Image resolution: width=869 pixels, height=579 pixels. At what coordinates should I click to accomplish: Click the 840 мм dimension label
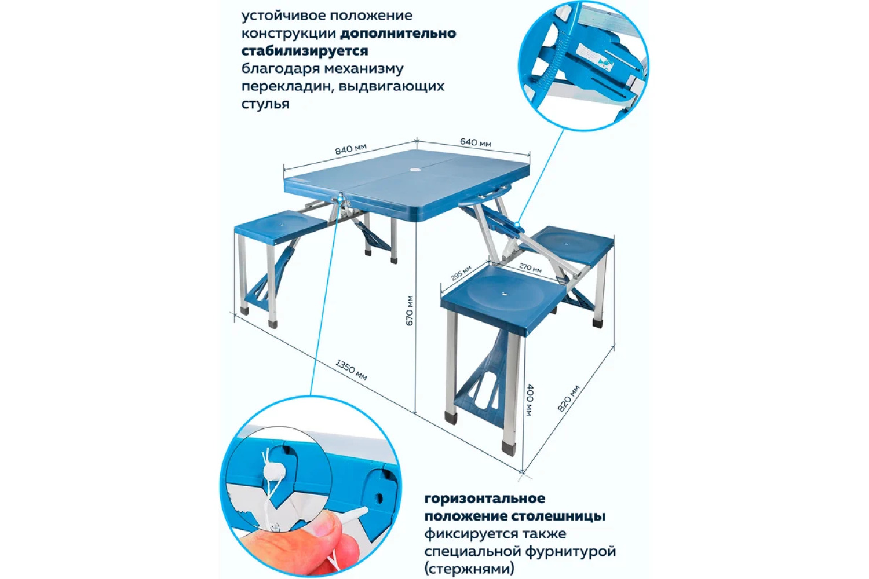(x=350, y=149)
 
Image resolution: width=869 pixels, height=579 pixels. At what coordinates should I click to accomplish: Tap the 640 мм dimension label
(x=476, y=142)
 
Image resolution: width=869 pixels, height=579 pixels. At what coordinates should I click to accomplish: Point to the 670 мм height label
(x=410, y=311)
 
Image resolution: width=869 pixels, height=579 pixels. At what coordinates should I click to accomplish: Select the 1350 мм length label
(x=351, y=369)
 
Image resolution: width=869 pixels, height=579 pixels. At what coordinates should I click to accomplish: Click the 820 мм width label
(x=568, y=398)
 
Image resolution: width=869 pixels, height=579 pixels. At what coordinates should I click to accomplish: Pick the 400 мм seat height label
(x=530, y=400)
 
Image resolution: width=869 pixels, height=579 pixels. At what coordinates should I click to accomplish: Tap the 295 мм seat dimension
(x=461, y=273)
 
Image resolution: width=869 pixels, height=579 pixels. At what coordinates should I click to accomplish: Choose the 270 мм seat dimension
(x=530, y=267)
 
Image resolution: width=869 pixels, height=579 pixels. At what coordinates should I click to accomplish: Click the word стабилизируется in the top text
(x=305, y=51)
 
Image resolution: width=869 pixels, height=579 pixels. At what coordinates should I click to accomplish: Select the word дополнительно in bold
(x=398, y=34)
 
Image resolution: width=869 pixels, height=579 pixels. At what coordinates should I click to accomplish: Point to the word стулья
(x=265, y=104)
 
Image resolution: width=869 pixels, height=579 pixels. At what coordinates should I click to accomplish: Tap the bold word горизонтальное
(x=485, y=498)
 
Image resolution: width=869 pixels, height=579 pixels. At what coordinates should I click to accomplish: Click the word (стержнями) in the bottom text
(x=469, y=569)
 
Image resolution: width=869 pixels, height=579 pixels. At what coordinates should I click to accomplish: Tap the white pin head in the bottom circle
(x=274, y=471)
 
